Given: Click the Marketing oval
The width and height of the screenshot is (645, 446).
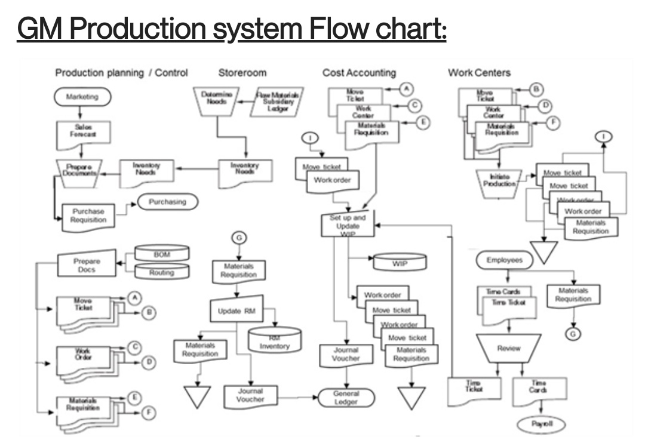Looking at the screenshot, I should pos(82,97).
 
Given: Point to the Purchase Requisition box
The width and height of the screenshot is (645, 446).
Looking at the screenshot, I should pos(88,216).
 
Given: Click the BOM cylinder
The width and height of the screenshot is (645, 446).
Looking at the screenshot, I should pos(161,254).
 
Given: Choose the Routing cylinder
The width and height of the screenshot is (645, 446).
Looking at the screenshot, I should pos(161,272).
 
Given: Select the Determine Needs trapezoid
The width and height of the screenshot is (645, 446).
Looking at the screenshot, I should pos(216,99).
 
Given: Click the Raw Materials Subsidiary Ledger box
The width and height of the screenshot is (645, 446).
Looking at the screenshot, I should pos(278,101).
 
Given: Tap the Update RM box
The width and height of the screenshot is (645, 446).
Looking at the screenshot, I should pos(237,310).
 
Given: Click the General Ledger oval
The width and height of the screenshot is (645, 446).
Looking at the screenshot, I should pos(346,398).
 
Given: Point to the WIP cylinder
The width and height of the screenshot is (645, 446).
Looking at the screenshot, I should pos(400,262).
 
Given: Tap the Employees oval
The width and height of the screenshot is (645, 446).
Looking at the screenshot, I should pos(504,260).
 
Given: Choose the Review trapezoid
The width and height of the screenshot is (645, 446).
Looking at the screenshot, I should pos(509,348).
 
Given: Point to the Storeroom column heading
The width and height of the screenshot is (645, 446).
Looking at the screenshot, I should pos(242,73).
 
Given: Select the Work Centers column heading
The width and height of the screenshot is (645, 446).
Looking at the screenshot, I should pos(479,73).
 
